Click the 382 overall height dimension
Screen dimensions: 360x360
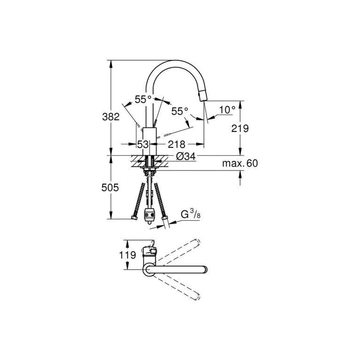[x=111, y=117]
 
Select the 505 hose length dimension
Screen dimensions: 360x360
[x=110, y=188]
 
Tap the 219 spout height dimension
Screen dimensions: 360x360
[x=240, y=129]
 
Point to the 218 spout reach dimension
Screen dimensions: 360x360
[x=176, y=144]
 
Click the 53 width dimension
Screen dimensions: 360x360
[x=143, y=144]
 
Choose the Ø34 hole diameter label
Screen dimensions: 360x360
[x=186, y=156]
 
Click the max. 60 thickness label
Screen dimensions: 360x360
[x=240, y=163]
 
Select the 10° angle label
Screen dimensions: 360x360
[x=227, y=110]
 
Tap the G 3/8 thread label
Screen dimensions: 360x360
[x=190, y=215]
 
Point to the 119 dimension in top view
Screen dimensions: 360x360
[x=127, y=255]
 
